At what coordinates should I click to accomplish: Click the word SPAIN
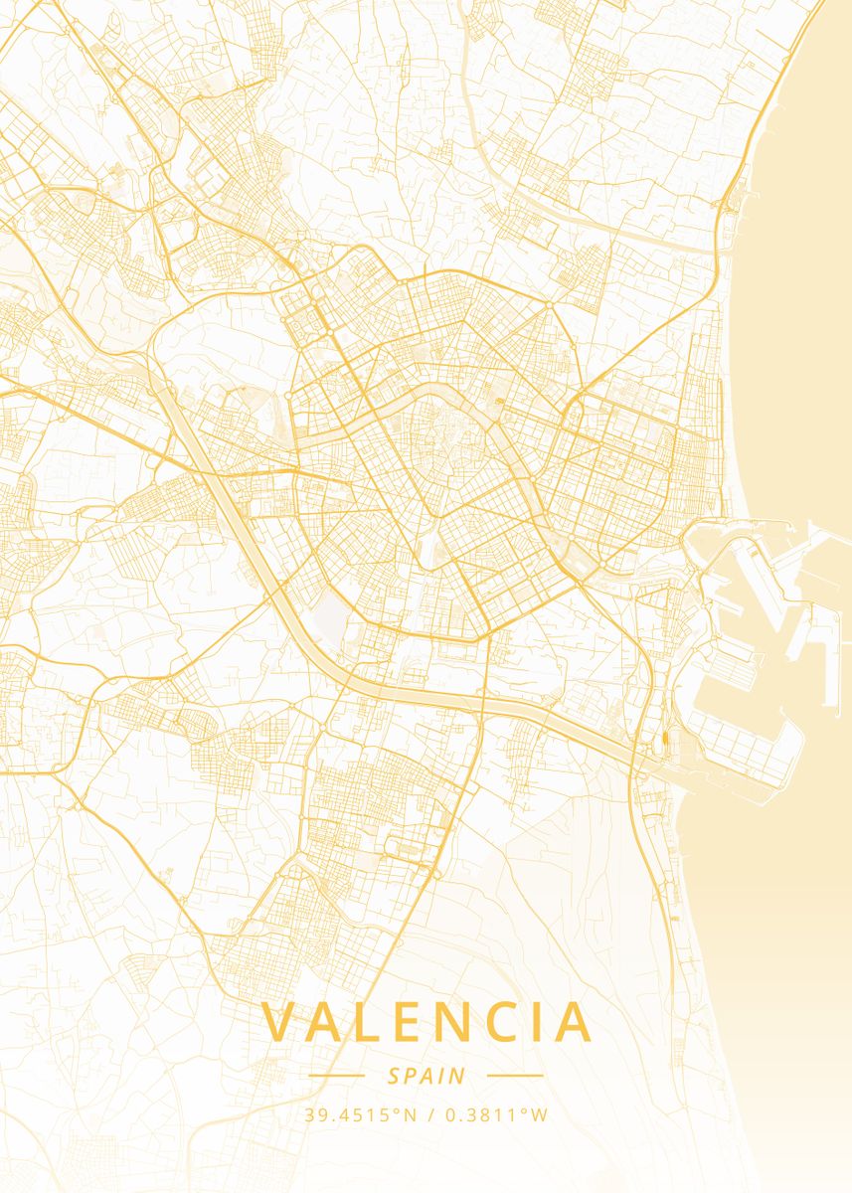426,1076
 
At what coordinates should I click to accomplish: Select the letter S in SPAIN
394,1076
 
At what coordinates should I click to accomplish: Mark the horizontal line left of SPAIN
336,1076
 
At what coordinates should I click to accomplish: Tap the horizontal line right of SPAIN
515,1076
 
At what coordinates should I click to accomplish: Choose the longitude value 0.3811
478,1114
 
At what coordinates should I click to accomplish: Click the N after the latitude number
410,1114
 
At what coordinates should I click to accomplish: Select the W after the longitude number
539,1114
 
